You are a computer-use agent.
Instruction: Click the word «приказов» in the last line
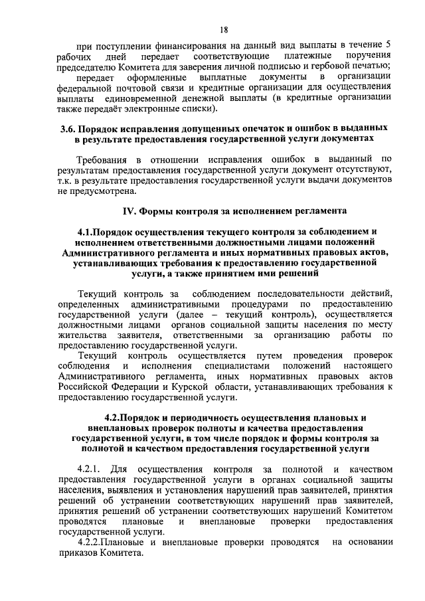tap(78, 553)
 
